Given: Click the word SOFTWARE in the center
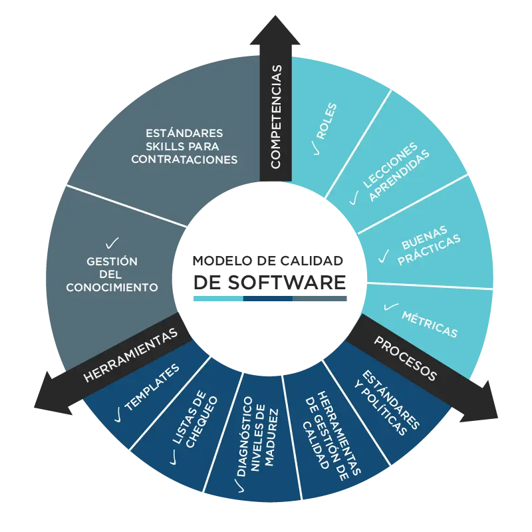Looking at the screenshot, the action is [x=287, y=282].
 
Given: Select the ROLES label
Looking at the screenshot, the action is [x=327, y=121].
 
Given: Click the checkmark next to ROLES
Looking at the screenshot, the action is [x=317, y=148].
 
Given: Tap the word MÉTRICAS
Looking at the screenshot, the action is [x=430, y=325].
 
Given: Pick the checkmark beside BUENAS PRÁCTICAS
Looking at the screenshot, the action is [x=384, y=256].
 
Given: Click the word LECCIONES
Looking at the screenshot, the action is [x=390, y=165].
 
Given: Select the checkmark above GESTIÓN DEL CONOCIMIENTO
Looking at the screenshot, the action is [x=112, y=243].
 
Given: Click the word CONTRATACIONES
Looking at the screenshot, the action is [x=184, y=160].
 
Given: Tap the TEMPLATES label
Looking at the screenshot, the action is [x=152, y=387].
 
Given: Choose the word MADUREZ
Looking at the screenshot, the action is [x=271, y=438].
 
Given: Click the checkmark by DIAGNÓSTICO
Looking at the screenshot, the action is [x=241, y=486].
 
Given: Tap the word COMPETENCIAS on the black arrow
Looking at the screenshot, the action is [x=276, y=117].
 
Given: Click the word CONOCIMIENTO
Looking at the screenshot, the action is [x=112, y=287].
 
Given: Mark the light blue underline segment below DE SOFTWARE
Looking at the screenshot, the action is [x=218, y=299].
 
